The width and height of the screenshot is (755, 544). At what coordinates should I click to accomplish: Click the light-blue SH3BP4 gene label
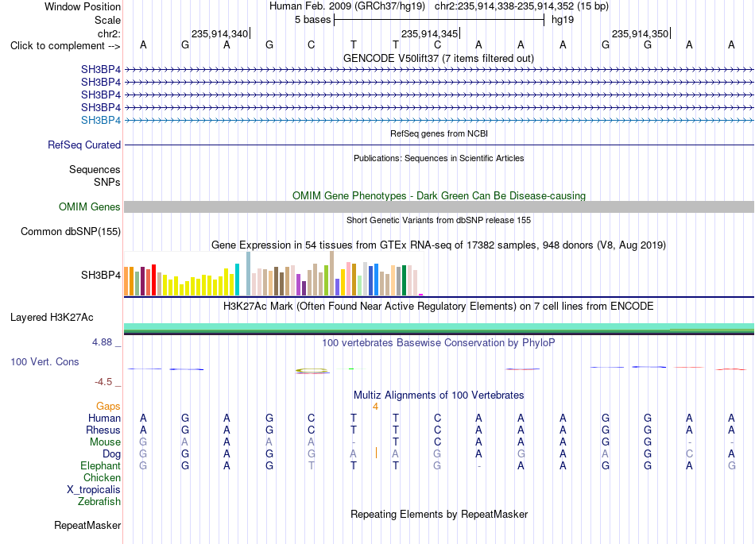coord(101,120)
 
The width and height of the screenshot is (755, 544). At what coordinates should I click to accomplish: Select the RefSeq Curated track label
coord(84,145)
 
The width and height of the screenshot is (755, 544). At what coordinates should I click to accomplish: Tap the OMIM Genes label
coord(90,206)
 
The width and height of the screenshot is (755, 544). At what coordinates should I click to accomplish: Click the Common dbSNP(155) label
coord(71,231)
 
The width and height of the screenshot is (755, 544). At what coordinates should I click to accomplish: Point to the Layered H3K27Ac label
coord(52,318)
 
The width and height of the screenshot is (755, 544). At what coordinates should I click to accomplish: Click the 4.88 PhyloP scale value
coord(102,342)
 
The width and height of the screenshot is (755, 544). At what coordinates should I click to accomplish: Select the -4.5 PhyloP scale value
coord(103,382)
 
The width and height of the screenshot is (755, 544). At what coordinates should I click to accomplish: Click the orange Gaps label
coord(108,407)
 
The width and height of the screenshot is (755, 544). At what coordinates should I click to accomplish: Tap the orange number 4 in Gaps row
coord(375,407)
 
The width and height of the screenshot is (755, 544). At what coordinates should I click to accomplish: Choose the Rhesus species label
coord(103,430)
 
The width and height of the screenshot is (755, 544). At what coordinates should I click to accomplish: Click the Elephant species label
coord(101,465)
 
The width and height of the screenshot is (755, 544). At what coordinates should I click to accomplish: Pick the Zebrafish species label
coord(99,501)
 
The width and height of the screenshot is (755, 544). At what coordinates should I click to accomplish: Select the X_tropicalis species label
coord(94,490)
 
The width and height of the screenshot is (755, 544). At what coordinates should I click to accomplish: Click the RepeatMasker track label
coord(87,525)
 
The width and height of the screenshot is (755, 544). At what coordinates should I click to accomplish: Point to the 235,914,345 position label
coord(429,33)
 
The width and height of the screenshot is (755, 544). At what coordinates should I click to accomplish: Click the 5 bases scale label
coord(313,20)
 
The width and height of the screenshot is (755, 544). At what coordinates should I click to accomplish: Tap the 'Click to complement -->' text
coord(65,46)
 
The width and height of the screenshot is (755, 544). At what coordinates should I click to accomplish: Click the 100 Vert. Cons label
coord(45,361)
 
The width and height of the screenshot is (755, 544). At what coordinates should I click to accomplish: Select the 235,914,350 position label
coord(640,33)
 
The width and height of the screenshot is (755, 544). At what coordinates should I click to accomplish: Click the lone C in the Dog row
coord(689,453)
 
